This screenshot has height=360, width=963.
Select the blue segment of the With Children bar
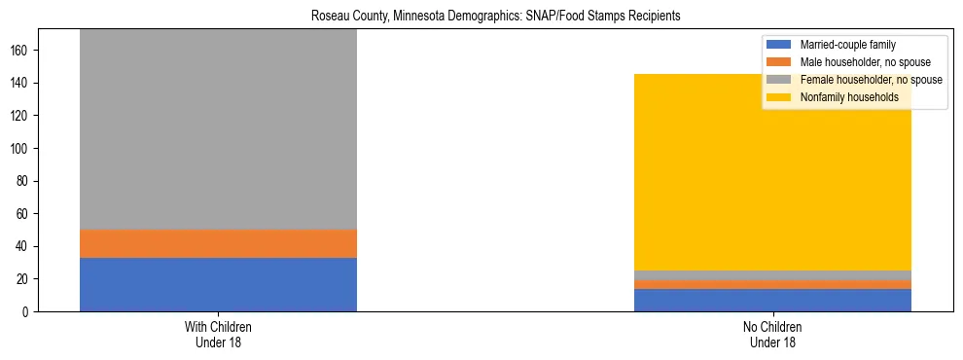tap(218, 284)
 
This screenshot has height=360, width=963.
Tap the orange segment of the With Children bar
tap(218, 243)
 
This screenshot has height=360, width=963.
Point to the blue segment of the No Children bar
tap(772, 301)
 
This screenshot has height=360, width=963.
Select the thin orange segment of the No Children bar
tap(772, 285)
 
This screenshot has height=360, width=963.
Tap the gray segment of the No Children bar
tap(772, 275)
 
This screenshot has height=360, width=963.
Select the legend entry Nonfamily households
tap(842, 97)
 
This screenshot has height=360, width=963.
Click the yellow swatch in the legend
tap(779, 97)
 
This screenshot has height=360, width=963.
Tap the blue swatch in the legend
tap(779, 45)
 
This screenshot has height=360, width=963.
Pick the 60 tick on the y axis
tap(28, 213)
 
